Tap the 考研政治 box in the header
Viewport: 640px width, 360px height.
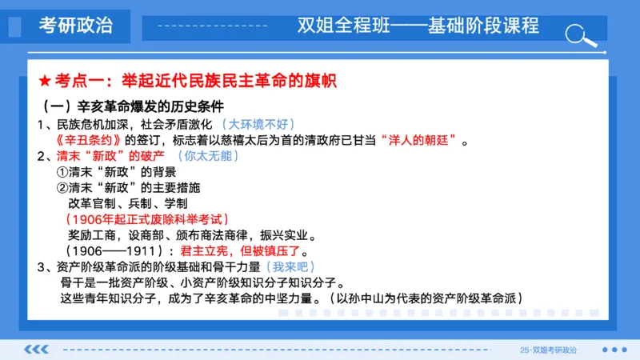click(x=77, y=26)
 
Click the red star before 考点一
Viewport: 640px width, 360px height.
click(x=45, y=81)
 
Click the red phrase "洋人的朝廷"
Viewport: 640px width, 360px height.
click(x=422, y=141)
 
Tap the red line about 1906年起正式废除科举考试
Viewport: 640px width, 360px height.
click(x=149, y=219)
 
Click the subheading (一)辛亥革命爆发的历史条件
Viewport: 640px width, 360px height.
click(x=131, y=106)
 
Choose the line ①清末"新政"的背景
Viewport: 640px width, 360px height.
click(x=116, y=172)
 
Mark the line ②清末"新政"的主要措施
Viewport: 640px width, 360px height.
click(x=128, y=188)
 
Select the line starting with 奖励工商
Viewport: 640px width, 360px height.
click(x=192, y=235)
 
